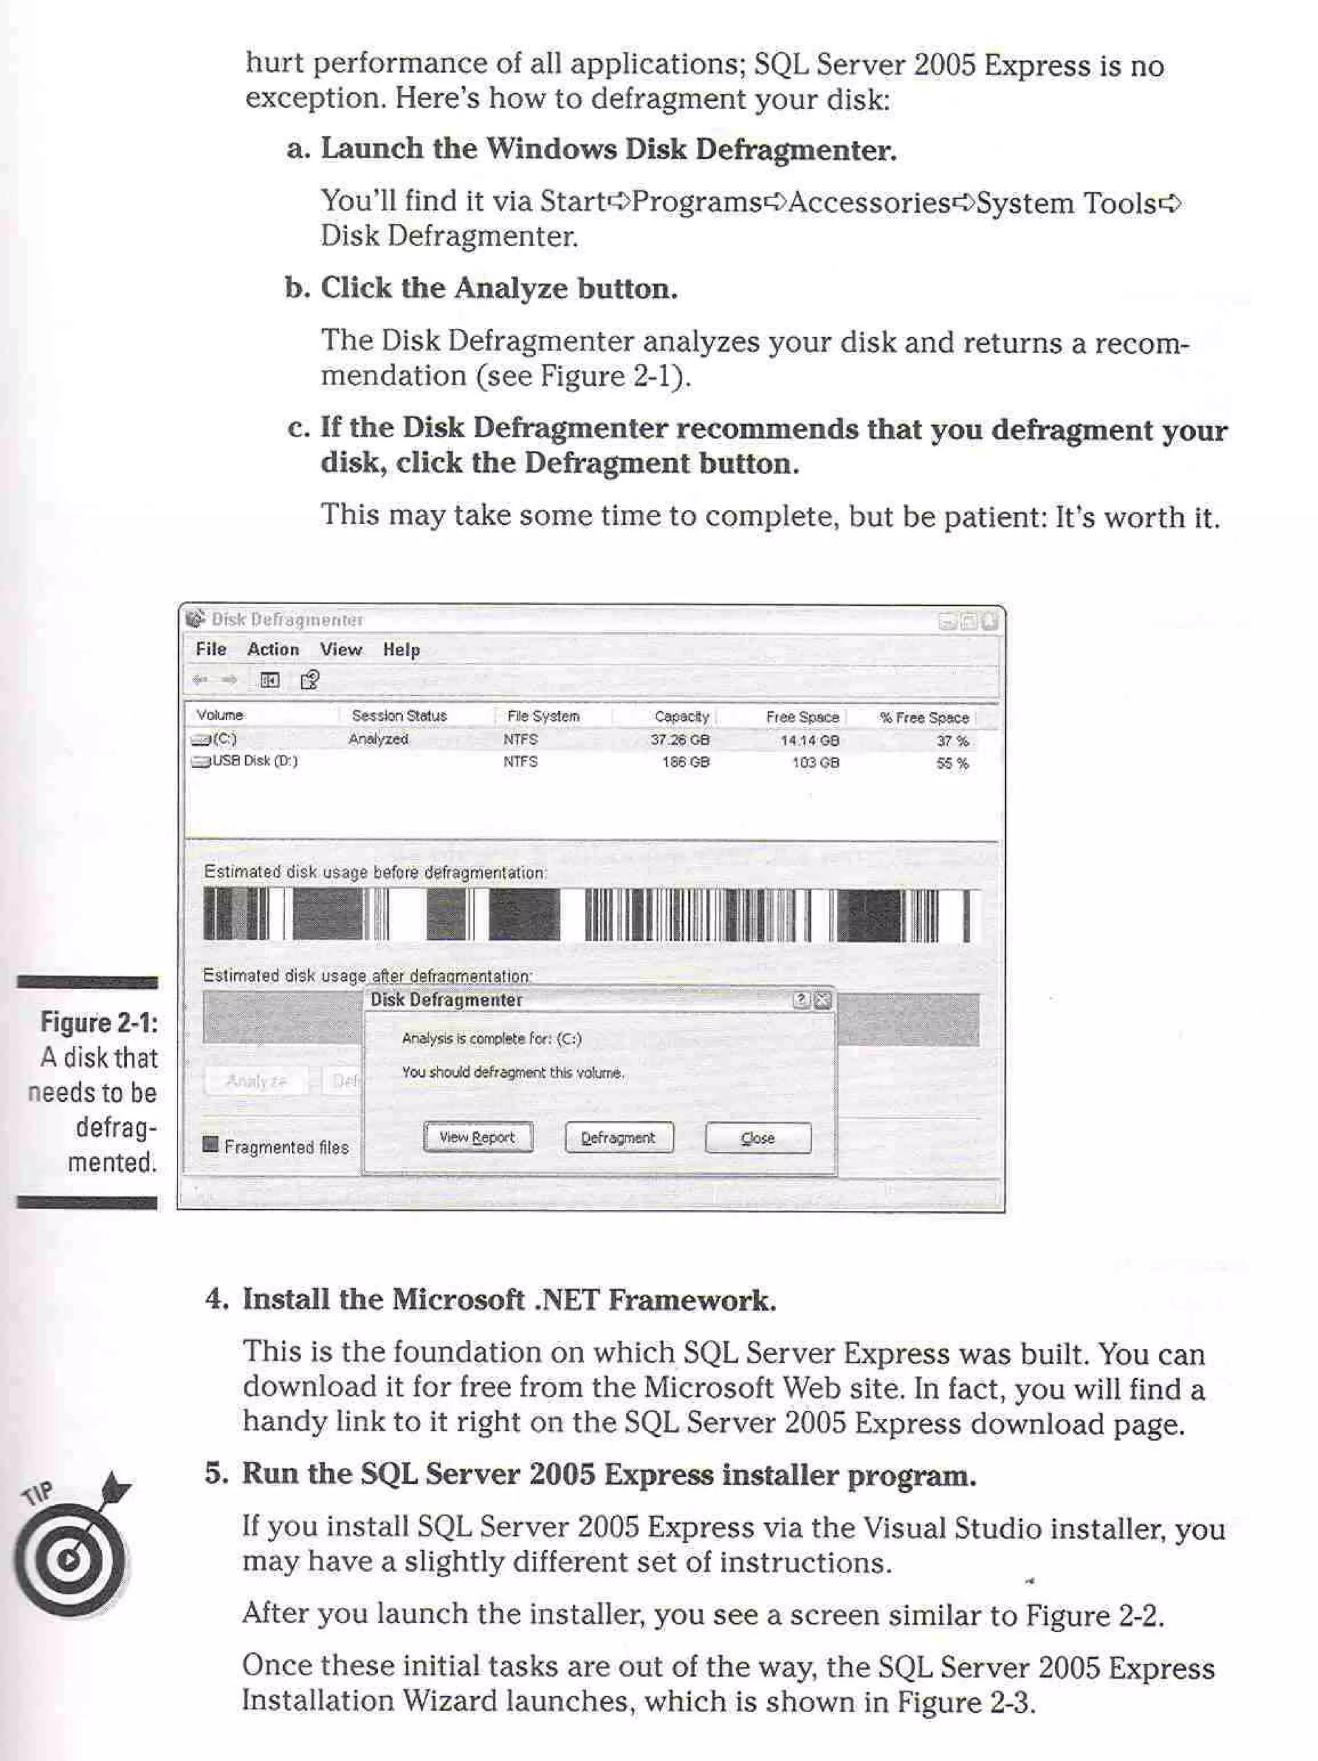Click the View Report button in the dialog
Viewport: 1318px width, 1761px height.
pos(477,1137)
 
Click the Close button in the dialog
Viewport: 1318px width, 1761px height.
pos(757,1138)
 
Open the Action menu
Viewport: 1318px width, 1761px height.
pos(272,649)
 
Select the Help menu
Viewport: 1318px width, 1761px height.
pos(400,650)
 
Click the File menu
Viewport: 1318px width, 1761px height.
pos(211,649)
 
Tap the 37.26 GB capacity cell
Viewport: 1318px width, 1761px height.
pos(680,740)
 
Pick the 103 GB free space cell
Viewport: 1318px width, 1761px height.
pos(815,762)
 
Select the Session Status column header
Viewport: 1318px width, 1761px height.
pos(399,715)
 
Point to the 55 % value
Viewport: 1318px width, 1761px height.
pos(952,763)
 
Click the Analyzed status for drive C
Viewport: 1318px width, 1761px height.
pos(378,739)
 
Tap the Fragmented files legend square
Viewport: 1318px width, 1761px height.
pos(210,1145)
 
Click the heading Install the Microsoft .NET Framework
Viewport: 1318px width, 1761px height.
pos(508,1299)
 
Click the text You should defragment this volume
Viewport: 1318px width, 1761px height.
pos(512,1072)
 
